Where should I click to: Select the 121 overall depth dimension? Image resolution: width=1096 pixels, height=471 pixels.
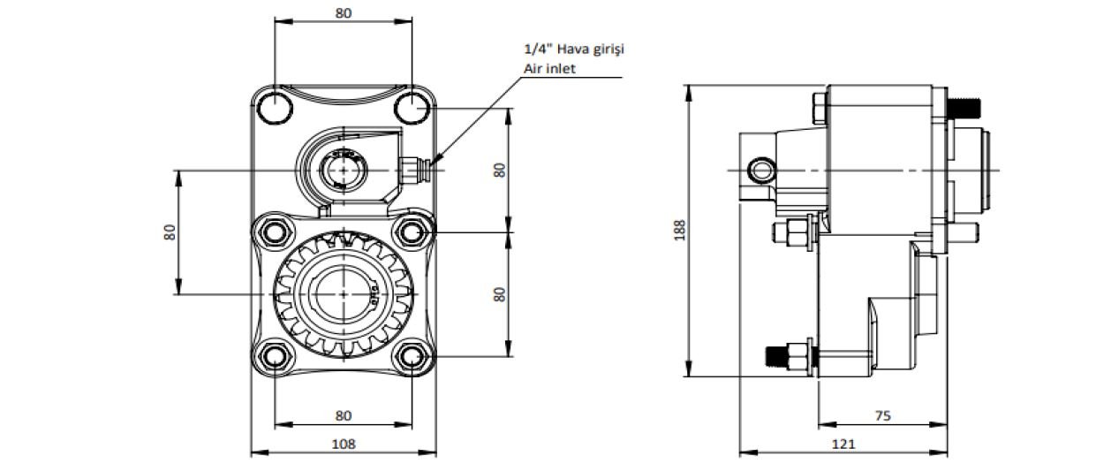(x=843, y=444)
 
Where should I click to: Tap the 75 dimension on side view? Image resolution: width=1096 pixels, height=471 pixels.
(x=882, y=414)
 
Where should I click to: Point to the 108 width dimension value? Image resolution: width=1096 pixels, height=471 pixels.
(x=344, y=444)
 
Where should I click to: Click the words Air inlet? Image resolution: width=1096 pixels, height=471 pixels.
(x=549, y=68)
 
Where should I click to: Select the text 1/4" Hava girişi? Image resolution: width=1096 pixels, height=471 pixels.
(x=573, y=49)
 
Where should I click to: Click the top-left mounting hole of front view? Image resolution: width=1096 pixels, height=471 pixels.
(x=275, y=107)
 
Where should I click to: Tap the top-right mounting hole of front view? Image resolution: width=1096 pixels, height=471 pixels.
(x=412, y=107)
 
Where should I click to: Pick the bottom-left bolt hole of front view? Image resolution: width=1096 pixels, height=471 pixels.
(x=275, y=357)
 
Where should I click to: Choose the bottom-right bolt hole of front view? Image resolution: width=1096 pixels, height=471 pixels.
(x=412, y=357)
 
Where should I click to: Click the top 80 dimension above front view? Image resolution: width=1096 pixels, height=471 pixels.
(x=344, y=12)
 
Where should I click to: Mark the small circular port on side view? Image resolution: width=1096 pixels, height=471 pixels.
(x=759, y=168)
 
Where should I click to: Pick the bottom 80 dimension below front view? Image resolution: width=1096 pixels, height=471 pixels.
(x=344, y=415)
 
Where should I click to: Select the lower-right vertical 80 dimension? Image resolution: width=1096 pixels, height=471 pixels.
(x=500, y=294)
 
